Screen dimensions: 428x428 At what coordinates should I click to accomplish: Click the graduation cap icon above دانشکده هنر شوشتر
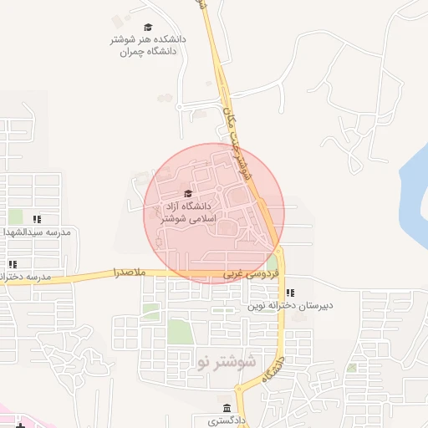point(149,28)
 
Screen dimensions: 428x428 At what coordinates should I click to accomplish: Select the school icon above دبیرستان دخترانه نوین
point(290,293)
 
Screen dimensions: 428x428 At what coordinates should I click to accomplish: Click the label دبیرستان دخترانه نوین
point(290,306)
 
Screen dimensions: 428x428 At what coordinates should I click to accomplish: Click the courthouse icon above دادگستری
point(227,407)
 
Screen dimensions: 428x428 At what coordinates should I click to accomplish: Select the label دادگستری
point(227,420)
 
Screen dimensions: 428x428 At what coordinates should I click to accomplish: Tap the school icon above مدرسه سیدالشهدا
point(37,219)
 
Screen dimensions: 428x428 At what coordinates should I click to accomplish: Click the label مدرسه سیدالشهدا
point(39,232)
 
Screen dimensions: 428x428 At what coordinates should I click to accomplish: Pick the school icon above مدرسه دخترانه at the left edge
point(13,264)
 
